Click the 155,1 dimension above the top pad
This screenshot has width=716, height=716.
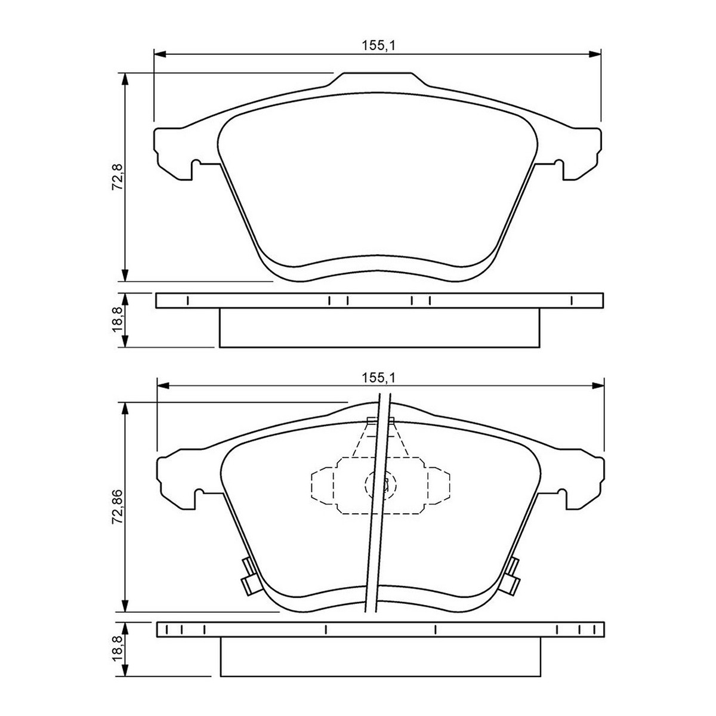pos(379,46)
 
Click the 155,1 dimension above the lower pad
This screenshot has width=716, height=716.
pos(379,378)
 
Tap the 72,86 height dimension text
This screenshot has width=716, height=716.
pos(118,507)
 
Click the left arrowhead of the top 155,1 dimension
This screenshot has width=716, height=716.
pos(159,54)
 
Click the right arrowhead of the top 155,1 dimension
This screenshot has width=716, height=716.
pos(595,54)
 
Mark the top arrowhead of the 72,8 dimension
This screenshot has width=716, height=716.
pos(125,79)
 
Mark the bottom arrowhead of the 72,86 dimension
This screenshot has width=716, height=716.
pos(125,606)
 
